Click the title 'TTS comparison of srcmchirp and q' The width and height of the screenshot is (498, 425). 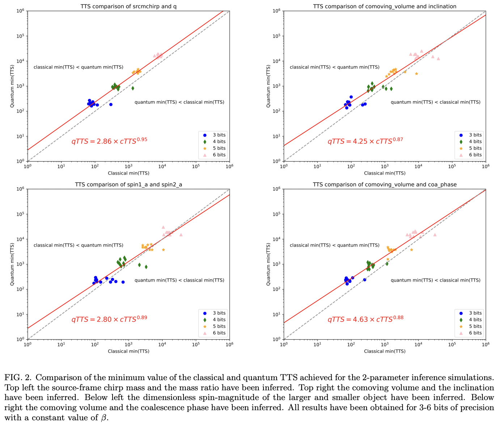coord(128,6)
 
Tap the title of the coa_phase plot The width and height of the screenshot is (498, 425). coord(384,184)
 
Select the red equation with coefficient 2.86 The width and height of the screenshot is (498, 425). coord(109,141)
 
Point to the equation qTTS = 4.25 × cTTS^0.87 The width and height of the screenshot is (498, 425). coord(365,141)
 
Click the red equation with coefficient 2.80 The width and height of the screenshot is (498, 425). coord(109,319)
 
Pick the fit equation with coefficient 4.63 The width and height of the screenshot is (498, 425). coord(365,319)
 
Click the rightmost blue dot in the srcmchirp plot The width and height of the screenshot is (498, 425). coord(111,104)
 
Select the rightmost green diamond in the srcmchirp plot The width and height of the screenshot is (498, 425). coord(133,88)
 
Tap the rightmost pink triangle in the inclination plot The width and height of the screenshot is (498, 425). coord(438,59)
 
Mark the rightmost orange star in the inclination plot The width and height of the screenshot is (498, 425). coord(417,74)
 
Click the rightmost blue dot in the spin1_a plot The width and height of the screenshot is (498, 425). coord(123,282)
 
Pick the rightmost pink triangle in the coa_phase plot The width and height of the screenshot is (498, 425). coord(435,235)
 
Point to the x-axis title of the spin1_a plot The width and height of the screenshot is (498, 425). coord(128,351)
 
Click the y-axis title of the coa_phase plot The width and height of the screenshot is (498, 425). coord(269,264)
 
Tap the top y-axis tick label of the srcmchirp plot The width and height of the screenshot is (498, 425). coord(20,11)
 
